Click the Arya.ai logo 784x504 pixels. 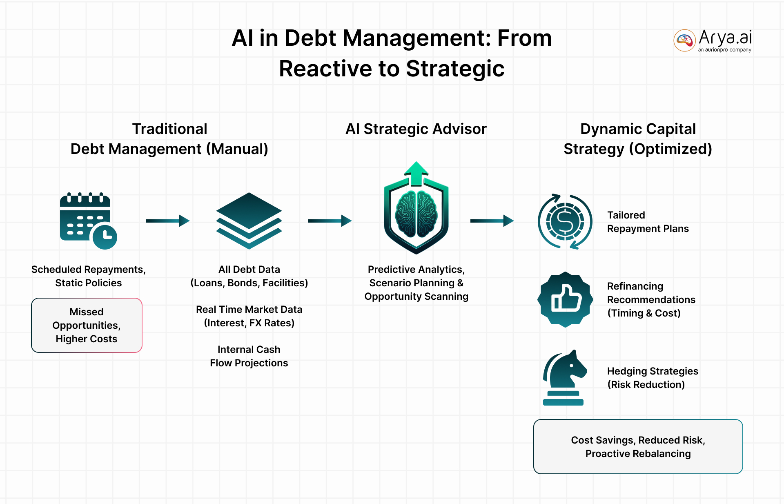point(713,40)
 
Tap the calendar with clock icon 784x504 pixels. point(88,221)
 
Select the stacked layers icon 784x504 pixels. point(249,221)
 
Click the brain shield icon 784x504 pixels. point(416,216)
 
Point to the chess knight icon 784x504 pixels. point(564,377)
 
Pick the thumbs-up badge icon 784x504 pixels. point(565,299)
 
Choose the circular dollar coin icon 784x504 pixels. point(565,221)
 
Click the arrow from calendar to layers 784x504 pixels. point(168,221)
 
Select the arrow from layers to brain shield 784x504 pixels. point(330,221)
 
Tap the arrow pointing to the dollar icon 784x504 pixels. point(492,221)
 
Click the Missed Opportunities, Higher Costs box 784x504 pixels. point(87,325)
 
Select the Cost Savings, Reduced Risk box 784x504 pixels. point(638,446)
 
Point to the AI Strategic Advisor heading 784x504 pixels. point(416,129)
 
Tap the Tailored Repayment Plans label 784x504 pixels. point(648,222)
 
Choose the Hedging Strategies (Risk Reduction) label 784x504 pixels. point(652,378)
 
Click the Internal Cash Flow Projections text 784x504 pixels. point(249,356)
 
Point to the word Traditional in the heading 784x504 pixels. point(169,129)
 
